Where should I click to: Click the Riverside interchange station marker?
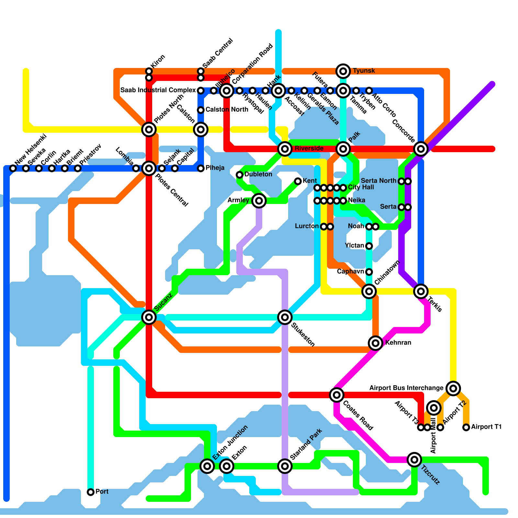click(x=285, y=149)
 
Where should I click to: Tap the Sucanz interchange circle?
click(x=149, y=317)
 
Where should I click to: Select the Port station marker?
click(x=91, y=492)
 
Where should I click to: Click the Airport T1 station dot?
click(x=466, y=427)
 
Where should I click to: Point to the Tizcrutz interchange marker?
click(x=414, y=459)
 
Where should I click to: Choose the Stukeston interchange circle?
click(x=285, y=317)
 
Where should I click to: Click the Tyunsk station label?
click(x=364, y=71)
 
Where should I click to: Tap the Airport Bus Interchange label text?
click(x=406, y=388)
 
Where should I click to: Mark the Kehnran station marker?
click(x=376, y=343)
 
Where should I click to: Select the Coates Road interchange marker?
click(x=337, y=395)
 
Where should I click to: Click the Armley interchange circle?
click(x=259, y=201)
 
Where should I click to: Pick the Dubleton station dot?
click(x=240, y=175)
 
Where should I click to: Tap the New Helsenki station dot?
click(x=13, y=168)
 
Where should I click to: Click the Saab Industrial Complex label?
click(x=158, y=90)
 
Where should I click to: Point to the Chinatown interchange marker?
click(x=369, y=291)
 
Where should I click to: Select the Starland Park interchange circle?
click(x=285, y=466)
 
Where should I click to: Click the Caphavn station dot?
click(x=369, y=272)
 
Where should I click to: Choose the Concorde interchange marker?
click(x=421, y=149)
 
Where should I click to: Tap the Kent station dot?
click(x=298, y=181)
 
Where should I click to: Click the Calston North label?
click(x=227, y=110)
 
